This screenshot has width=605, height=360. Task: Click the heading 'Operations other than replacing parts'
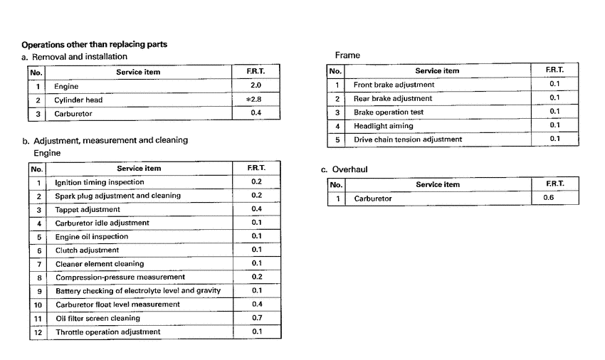(95, 44)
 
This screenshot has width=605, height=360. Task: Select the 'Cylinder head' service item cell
(78, 100)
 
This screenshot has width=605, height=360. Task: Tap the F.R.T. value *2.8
(253, 100)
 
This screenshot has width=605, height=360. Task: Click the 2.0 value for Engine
(256, 86)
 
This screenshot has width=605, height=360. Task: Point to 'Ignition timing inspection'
(99, 182)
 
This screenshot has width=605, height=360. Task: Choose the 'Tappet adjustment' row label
(87, 210)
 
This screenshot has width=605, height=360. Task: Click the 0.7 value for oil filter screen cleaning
(257, 318)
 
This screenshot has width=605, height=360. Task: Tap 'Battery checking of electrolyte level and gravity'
(138, 291)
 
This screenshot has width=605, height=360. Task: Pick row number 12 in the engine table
(38, 332)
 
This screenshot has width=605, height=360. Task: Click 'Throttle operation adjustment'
(108, 332)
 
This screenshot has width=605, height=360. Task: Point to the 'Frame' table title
(347, 55)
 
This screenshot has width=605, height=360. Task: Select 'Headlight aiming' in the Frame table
(383, 126)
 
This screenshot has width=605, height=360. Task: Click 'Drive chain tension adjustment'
(408, 139)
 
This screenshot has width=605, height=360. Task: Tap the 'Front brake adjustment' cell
(394, 85)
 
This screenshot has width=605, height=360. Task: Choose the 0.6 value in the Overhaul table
(548, 198)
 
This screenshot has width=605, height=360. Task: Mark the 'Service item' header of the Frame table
(437, 71)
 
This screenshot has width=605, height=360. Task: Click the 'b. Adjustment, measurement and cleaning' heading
(105, 140)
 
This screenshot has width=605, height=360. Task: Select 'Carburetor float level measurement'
(117, 305)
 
